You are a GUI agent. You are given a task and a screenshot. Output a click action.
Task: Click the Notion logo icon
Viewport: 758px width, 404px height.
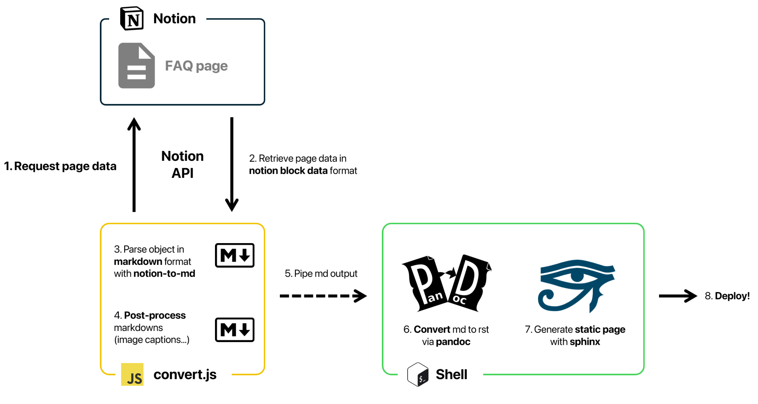click(x=132, y=19)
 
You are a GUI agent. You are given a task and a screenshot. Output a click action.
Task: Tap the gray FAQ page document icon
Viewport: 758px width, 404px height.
click(x=136, y=65)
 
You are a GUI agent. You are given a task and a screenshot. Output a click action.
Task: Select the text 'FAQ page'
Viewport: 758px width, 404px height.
click(x=196, y=66)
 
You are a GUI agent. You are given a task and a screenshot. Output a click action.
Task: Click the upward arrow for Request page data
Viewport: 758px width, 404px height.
click(x=134, y=164)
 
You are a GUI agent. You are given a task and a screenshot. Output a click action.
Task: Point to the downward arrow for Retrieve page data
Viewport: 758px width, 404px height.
click(x=232, y=164)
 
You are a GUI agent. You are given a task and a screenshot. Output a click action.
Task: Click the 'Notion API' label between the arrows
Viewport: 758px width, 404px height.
click(x=182, y=164)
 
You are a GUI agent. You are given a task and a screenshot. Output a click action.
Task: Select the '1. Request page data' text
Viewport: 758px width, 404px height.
click(x=60, y=166)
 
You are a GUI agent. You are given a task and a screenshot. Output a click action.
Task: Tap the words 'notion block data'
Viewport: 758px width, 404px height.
click(x=288, y=171)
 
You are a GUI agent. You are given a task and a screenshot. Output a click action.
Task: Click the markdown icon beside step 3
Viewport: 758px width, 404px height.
click(x=235, y=255)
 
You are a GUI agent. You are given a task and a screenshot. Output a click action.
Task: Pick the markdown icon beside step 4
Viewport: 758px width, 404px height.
click(x=235, y=330)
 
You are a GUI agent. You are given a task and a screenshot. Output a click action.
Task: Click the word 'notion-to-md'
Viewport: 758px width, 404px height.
click(x=164, y=274)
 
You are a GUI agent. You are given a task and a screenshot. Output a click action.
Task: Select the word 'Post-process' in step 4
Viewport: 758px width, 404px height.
click(x=155, y=315)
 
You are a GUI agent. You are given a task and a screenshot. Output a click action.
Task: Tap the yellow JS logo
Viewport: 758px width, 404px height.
click(x=132, y=374)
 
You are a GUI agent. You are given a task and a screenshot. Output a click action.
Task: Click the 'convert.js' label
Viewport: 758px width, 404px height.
click(x=185, y=375)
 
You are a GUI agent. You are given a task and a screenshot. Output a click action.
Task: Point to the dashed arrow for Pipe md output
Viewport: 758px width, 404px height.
click(x=323, y=296)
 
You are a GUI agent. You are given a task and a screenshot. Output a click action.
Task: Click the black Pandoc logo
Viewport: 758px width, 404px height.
click(x=446, y=283)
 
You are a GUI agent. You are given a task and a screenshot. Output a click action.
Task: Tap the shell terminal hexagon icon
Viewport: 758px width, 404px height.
click(x=418, y=374)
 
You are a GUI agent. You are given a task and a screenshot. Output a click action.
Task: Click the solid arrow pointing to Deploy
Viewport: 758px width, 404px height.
click(x=678, y=296)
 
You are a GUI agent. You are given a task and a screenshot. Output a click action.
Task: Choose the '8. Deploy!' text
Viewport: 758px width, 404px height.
click(x=727, y=296)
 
